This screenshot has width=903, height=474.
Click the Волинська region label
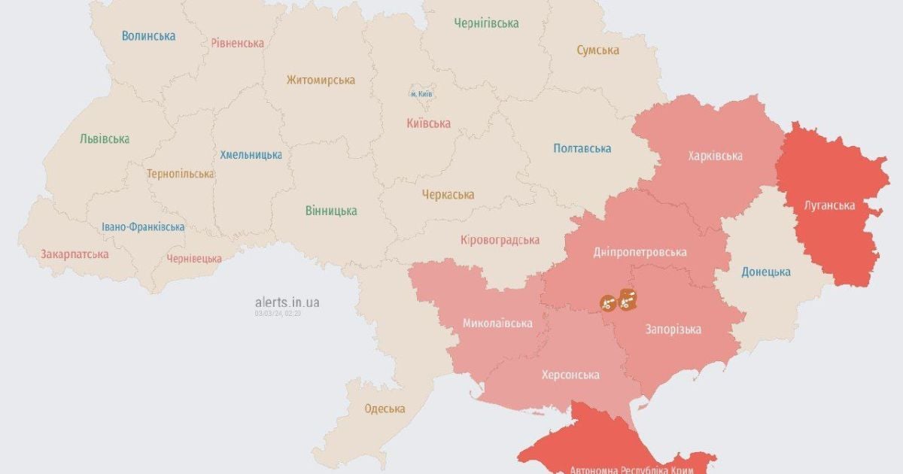(149, 35)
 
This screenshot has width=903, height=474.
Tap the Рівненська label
(237, 43)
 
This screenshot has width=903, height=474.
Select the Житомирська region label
(321, 80)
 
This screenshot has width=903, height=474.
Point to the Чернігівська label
(486, 23)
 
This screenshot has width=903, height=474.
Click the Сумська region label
(597, 50)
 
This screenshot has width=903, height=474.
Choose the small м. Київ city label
(421, 94)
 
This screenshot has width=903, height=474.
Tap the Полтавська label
(582, 148)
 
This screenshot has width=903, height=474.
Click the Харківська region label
(715, 156)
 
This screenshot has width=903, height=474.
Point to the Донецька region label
(765, 272)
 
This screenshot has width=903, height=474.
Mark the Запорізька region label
(673, 329)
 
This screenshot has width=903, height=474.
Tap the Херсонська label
(570, 374)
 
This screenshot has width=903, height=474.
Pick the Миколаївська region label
(497, 323)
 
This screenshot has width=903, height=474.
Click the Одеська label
(385, 409)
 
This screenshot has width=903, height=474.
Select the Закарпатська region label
(74, 254)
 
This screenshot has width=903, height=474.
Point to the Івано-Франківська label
(143, 226)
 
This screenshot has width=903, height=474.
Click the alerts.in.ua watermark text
(287, 302)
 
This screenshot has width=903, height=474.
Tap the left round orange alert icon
(607, 302)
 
